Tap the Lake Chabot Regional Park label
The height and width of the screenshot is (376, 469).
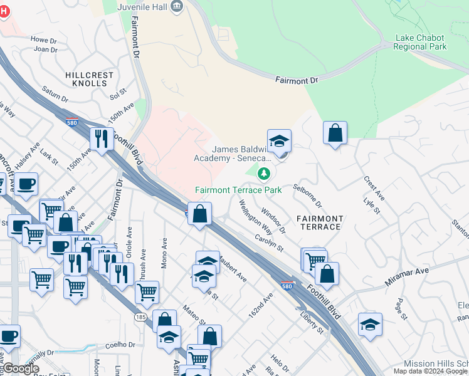pos(421,42)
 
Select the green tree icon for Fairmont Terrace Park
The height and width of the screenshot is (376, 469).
pos(264,172)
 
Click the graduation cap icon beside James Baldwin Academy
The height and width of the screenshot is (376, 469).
pos(279,142)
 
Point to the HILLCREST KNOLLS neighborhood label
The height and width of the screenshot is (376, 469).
pos(90,79)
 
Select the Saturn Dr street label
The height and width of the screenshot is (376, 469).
pos(56,94)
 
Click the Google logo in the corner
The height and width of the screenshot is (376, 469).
pos(21,369)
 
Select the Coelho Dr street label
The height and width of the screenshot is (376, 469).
pos(120,344)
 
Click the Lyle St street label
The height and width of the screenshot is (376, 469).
pos(372,206)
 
